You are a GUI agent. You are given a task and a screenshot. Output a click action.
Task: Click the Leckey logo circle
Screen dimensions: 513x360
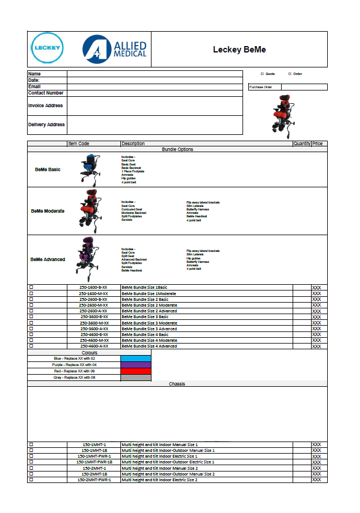click(47, 48)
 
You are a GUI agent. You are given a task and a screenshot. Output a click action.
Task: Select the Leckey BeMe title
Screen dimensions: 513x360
click(239, 50)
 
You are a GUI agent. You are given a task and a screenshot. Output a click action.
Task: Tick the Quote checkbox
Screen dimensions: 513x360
click(262, 74)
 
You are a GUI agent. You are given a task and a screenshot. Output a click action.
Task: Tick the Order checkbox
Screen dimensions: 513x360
click(289, 74)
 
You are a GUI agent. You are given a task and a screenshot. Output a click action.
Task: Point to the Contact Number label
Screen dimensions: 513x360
click(46, 93)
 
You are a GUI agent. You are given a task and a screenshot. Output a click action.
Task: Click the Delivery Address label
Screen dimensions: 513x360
click(47, 125)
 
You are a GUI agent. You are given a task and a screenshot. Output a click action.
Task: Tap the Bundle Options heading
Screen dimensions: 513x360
click(177, 149)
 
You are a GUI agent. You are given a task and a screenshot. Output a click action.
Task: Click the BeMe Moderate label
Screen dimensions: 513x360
click(48, 211)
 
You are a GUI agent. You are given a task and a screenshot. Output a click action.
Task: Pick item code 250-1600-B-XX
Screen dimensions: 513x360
click(93, 287)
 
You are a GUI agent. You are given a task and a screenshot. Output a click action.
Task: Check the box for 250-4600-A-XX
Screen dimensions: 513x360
click(31, 346)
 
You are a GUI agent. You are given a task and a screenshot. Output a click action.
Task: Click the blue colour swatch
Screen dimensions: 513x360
click(136, 359)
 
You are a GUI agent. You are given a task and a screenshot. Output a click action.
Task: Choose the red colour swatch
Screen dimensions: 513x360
click(136, 371)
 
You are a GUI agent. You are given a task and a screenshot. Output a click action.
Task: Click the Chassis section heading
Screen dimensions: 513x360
click(177, 384)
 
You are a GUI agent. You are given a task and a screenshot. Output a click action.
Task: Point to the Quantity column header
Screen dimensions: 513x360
click(302, 144)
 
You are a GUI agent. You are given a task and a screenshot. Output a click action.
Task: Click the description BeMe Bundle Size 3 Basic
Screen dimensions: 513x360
click(145, 316)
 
